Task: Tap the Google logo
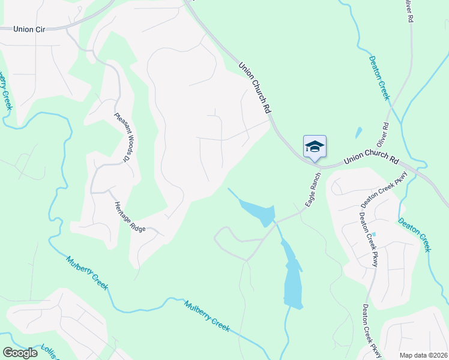(20, 353)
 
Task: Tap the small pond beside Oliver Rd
(359, 133)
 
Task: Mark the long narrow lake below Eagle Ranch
(292, 276)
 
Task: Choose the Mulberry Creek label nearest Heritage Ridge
(87, 273)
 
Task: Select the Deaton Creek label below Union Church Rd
(415, 235)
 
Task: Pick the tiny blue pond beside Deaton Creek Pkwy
(373, 235)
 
